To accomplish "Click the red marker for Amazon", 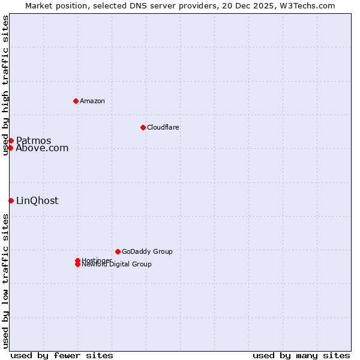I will (x=76, y=101).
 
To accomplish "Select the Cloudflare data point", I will (x=143, y=127).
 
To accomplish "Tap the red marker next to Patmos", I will (x=11, y=140).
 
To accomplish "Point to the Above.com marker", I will (x=10, y=148).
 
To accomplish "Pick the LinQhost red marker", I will (x=11, y=200).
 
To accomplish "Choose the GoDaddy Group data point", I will (x=118, y=251).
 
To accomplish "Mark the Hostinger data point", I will (x=77, y=260).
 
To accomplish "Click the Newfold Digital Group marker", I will (x=77, y=264).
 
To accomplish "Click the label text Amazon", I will (x=92, y=101).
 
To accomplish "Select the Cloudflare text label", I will (x=163, y=127).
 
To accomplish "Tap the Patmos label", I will (x=34, y=140).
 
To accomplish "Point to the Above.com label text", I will (x=42, y=148).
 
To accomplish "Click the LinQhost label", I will (x=37, y=201).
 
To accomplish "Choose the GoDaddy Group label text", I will (x=147, y=251).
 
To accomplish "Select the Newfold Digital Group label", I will (x=117, y=265).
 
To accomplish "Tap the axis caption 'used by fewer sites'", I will (x=62, y=355).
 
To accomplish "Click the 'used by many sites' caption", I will (x=301, y=355).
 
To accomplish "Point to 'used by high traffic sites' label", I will (x=5, y=85).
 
